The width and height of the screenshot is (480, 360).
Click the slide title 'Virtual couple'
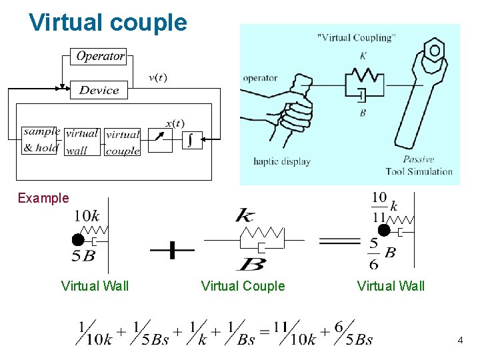click(x=108, y=23)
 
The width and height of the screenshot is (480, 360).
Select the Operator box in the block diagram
click(x=100, y=57)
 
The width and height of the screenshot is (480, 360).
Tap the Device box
click(x=99, y=90)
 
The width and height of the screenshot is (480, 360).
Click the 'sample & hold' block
click(x=41, y=140)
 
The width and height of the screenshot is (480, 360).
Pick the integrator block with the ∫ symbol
click(x=191, y=140)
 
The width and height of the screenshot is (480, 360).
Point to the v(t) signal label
click(x=157, y=77)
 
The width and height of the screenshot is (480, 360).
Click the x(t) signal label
click(x=175, y=123)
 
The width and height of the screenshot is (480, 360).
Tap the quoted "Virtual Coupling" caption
click(x=355, y=37)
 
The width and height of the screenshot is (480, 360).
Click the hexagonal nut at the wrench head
click(x=435, y=51)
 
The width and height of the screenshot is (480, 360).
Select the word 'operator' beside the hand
click(x=260, y=78)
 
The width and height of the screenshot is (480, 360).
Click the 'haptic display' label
click(x=281, y=161)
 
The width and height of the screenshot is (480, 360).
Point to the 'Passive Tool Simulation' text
click(x=419, y=165)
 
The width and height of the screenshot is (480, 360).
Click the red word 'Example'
click(x=43, y=198)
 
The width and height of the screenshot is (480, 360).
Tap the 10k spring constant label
click(x=87, y=216)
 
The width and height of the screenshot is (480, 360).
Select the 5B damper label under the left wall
click(x=83, y=255)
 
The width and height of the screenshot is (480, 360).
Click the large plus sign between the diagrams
click(x=171, y=251)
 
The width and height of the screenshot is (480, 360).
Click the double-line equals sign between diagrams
click(x=339, y=242)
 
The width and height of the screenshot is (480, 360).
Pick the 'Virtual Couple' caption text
click(x=243, y=286)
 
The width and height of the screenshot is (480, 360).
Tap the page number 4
click(x=460, y=341)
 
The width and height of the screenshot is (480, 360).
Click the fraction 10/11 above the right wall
click(x=379, y=206)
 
